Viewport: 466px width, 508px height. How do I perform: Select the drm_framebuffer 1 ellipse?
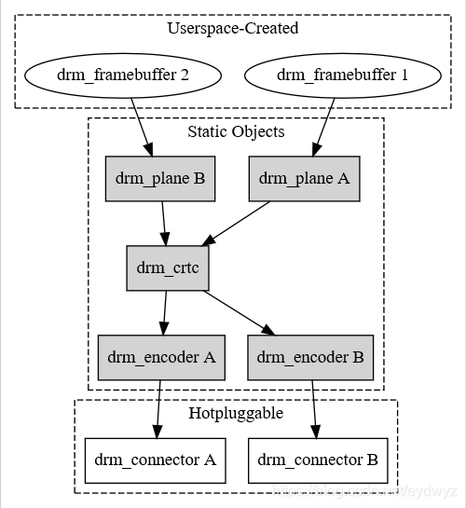(340, 76)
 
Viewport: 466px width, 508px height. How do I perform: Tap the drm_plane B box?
(159, 177)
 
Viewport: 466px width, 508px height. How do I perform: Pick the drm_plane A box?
(304, 177)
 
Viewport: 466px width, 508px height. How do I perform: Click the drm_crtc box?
(168, 268)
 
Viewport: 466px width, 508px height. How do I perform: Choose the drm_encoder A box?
(161, 357)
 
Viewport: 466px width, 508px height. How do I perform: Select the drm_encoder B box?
(310, 357)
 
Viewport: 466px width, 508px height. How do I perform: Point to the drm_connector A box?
(156, 460)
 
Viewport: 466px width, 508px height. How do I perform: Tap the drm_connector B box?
(317, 460)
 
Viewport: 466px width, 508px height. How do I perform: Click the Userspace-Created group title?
(232, 28)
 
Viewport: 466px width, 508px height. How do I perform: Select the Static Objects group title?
(236, 131)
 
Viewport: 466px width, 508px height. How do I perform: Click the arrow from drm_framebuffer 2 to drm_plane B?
(142, 125)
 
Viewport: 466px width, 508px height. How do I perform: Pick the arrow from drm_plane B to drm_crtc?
(164, 222)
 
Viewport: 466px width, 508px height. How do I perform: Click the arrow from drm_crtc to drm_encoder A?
(165, 312)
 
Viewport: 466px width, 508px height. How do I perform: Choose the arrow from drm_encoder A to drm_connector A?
(159, 407)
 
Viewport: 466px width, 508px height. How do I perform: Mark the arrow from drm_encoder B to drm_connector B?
(314, 407)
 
